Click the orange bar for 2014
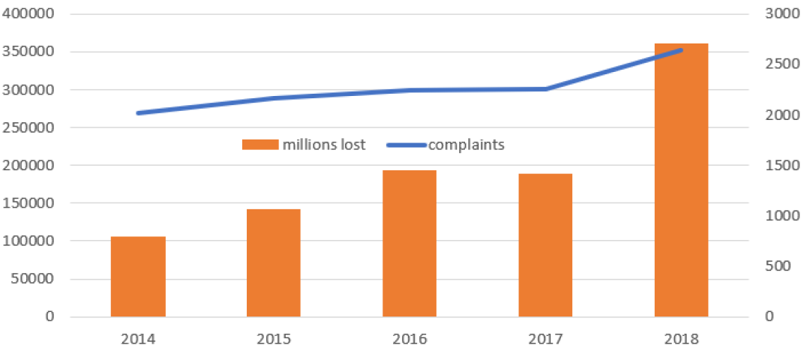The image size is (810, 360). click(x=138, y=276)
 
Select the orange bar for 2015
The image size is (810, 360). click(x=274, y=262)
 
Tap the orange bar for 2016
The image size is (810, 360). click(x=409, y=243)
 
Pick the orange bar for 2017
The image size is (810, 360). click(x=545, y=245)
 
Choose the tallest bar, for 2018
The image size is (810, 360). click(x=681, y=180)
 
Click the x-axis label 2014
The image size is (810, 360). click(x=138, y=339)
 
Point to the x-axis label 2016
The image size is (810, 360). click(x=409, y=339)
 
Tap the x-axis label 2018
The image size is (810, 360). click(x=681, y=339)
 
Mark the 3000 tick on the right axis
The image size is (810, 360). click(x=780, y=14)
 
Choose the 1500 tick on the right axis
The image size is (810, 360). click(x=780, y=166)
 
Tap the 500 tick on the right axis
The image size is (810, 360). click(x=777, y=266)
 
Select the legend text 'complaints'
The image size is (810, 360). click(x=467, y=145)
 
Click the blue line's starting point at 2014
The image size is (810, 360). click(x=139, y=113)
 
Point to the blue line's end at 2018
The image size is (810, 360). click(x=681, y=50)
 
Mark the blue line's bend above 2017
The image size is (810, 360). click(x=545, y=89)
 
